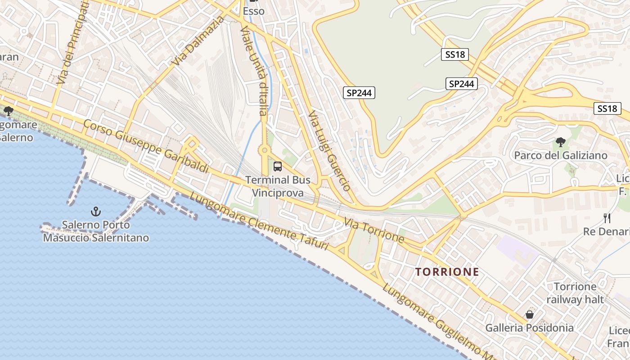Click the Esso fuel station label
(253, 11)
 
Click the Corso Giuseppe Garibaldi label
(146, 147)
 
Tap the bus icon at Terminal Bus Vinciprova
(278, 166)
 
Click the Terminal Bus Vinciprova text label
(278, 186)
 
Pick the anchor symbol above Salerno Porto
(95, 211)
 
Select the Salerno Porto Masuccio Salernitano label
(96, 231)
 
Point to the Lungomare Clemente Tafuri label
(259, 221)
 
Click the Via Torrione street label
(374, 229)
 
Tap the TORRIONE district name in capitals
(447, 272)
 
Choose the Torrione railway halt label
(575, 293)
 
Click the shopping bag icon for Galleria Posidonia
(529, 315)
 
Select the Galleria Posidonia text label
(529, 328)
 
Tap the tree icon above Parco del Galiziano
(560, 142)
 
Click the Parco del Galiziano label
(560, 156)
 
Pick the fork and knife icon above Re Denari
(607, 218)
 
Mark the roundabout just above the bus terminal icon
(265, 150)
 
